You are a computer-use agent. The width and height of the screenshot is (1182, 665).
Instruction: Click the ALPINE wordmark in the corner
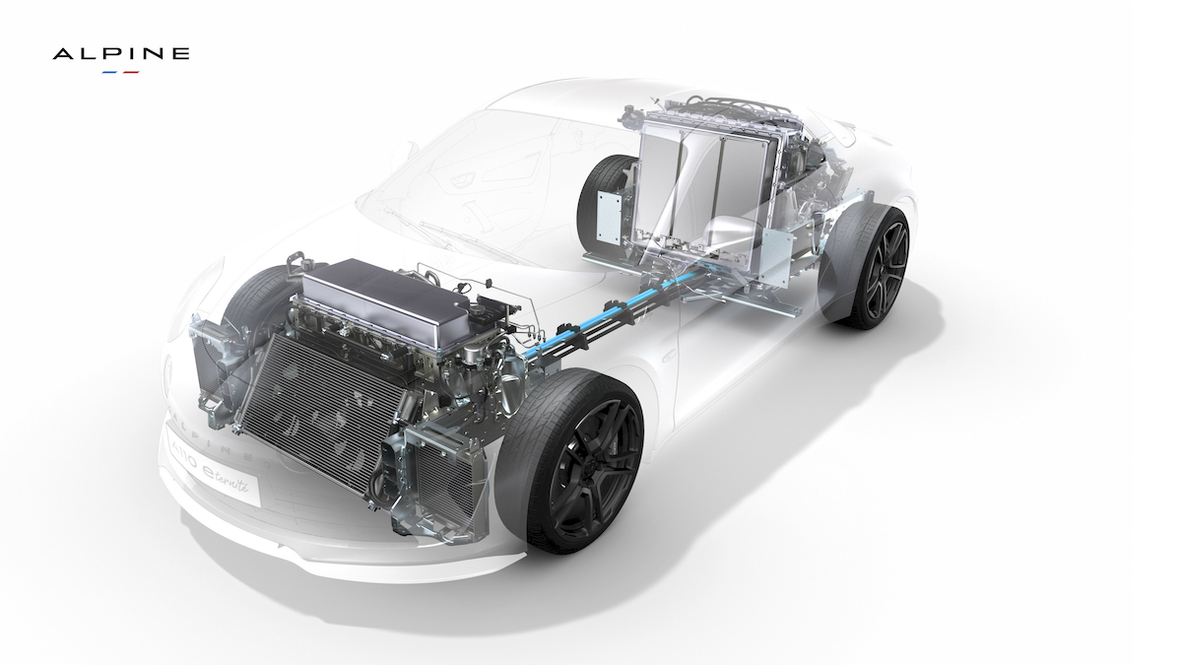click(120, 54)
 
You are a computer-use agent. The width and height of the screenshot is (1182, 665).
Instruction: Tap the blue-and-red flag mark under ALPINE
click(120, 72)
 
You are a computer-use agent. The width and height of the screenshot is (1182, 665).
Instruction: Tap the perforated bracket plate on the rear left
click(611, 216)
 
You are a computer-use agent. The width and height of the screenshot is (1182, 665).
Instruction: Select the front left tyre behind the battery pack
click(251, 296)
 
